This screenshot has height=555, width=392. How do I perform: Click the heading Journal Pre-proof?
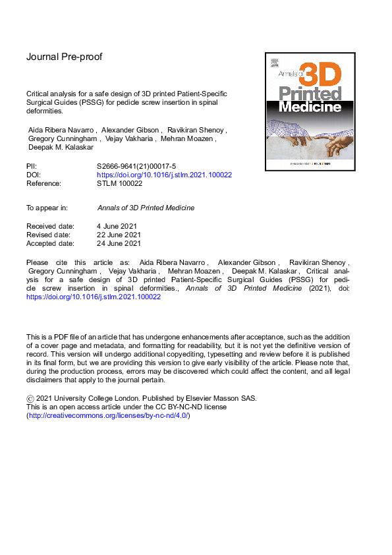pos(64,57)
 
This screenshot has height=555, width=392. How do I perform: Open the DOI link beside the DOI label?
pos(164,175)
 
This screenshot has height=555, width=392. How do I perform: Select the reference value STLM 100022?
pos(119,184)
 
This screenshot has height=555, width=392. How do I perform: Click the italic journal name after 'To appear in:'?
pos(146,208)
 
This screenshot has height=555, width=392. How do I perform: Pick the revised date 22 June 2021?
pos(119,235)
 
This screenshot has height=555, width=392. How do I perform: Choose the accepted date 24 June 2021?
pos(119,243)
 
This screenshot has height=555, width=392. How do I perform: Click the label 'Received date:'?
pos(50,226)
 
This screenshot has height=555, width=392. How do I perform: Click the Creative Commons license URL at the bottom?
pos(107,416)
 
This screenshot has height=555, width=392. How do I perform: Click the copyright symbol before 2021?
pos(30,399)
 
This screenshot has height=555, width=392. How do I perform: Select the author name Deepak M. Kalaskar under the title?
pos(61,148)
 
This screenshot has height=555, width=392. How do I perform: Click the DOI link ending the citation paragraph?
pos(93,297)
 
